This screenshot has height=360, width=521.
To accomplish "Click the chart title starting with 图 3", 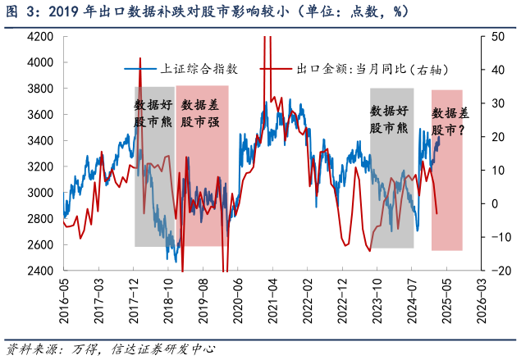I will [x=205, y=12].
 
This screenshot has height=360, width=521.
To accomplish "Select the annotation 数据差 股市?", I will [x=450, y=121].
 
